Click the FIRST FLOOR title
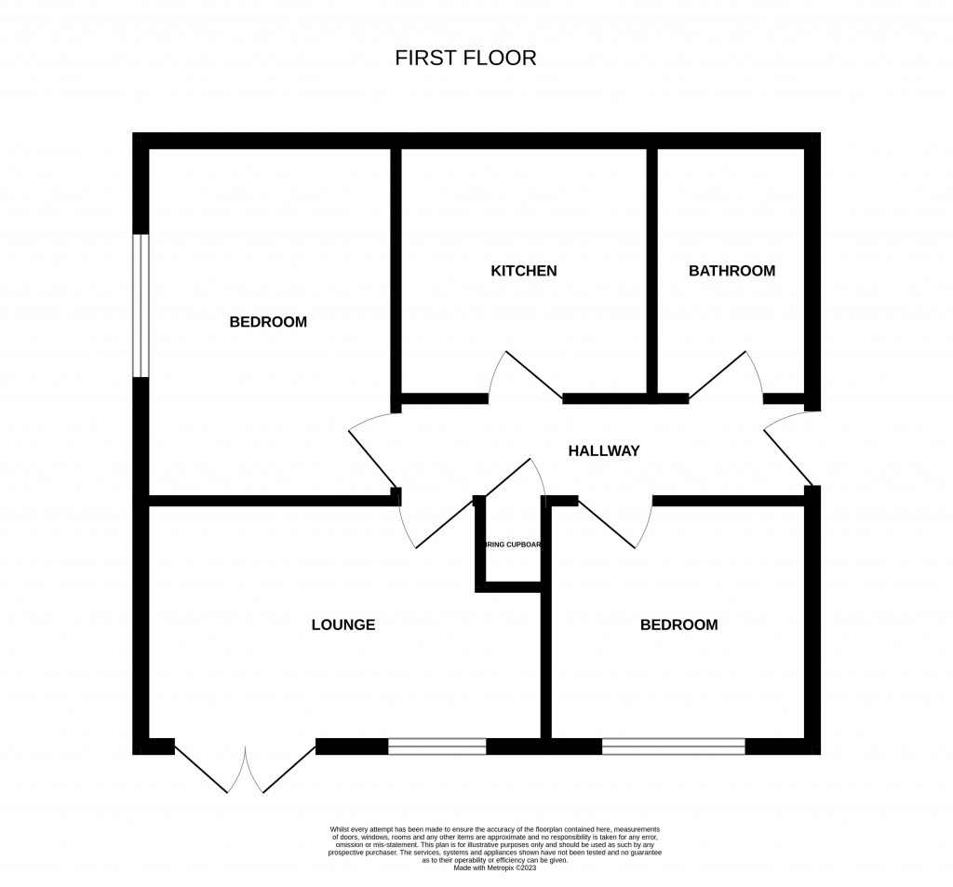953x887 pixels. tap(465, 58)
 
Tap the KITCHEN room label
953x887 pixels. tap(523, 271)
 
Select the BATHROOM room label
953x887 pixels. tap(732, 271)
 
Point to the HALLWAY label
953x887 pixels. tap(604, 451)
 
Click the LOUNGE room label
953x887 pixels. tap(342, 625)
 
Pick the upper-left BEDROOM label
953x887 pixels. tap(268, 322)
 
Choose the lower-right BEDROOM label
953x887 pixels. tap(678, 625)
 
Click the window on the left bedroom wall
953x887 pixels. tap(141, 305)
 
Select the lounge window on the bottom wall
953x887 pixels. tap(436, 746)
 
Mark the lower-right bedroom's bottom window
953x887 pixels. tap(673, 746)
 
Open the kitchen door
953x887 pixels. tap(526, 377)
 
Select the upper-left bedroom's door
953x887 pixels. tap(372, 451)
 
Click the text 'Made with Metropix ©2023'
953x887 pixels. tap(494, 868)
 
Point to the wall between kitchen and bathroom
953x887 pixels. tap(652, 270)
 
